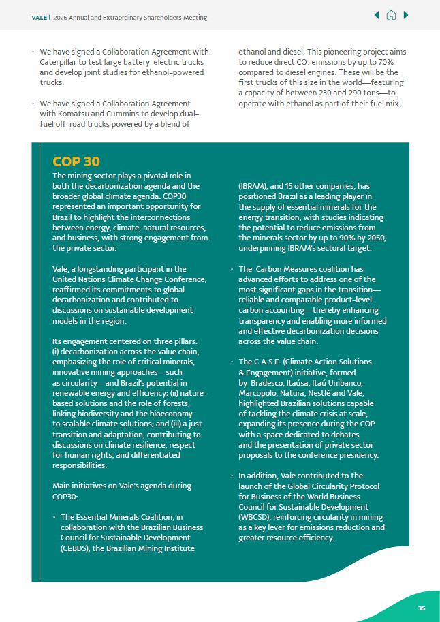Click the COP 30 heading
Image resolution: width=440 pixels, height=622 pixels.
76,161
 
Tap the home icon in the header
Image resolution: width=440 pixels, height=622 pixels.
391,15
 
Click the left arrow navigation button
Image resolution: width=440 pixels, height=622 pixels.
377,15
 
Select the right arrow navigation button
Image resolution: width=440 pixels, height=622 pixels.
406,15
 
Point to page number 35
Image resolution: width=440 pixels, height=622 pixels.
422,608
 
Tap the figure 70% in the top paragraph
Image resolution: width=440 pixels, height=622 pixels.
390,62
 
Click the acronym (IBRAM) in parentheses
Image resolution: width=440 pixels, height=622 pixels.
253,186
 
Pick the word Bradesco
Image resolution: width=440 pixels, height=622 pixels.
267,382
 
